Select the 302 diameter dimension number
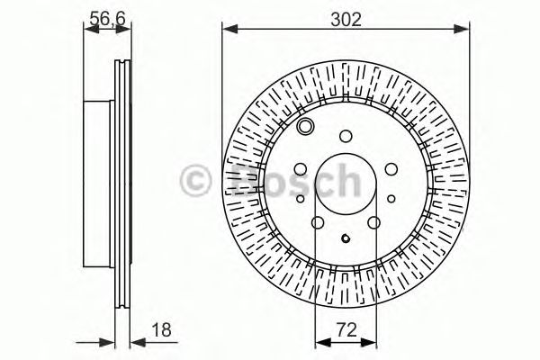click(346, 15)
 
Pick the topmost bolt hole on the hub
click(346, 136)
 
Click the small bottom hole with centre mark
click(346, 239)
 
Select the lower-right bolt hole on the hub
click(373, 223)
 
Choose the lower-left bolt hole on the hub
click(318, 223)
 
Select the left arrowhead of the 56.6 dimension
click(88, 30)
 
